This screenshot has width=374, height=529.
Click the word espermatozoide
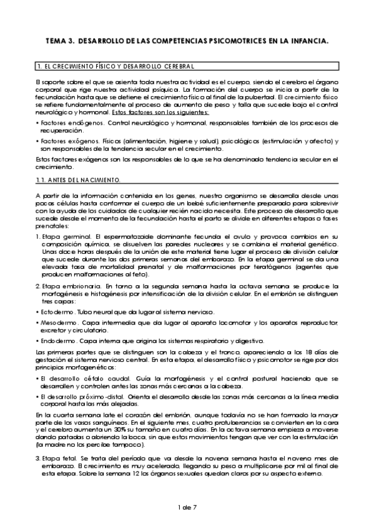pos(114,238)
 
